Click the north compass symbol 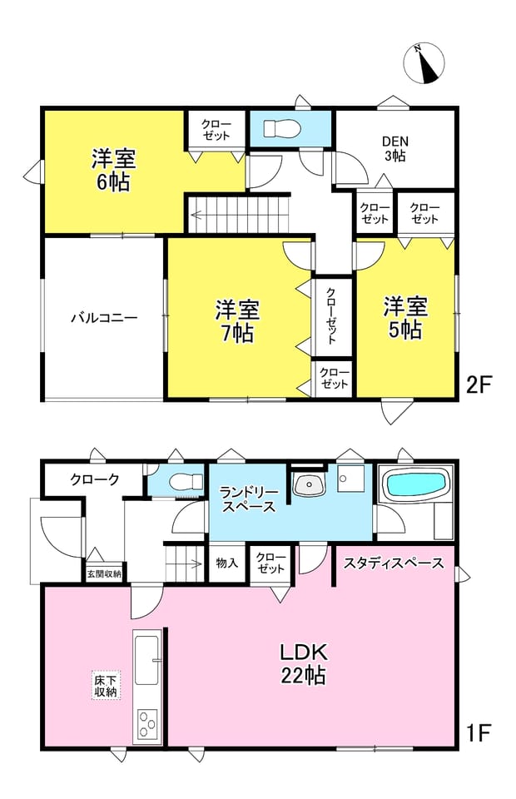pyautogui.click(x=424, y=64)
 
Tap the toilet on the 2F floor pyautogui.click(x=280, y=128)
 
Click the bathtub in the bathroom pyautogui.click(x=416, y=485)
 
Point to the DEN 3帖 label pyautogui.click(x=394, y=148)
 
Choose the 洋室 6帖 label pyautogui.click(x=113, y=170)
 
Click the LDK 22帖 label pyautogui.click(x=304, y=663)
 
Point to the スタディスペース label pyautogui.click(x=394, y=563)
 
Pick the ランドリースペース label pyautogui.click(x=249, y=500)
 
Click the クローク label pyautogui.click(x=95, y=479)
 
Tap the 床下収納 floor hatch pyautogui.click(x=106, y=685)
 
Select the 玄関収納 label pyautogui.click(x=104, y=573)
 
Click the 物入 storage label pyautogui.click(x=226, y=563)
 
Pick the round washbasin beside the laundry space pyautogui.click(x=309, y=484)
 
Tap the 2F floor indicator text pyautogui.click(x=479, y=385)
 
